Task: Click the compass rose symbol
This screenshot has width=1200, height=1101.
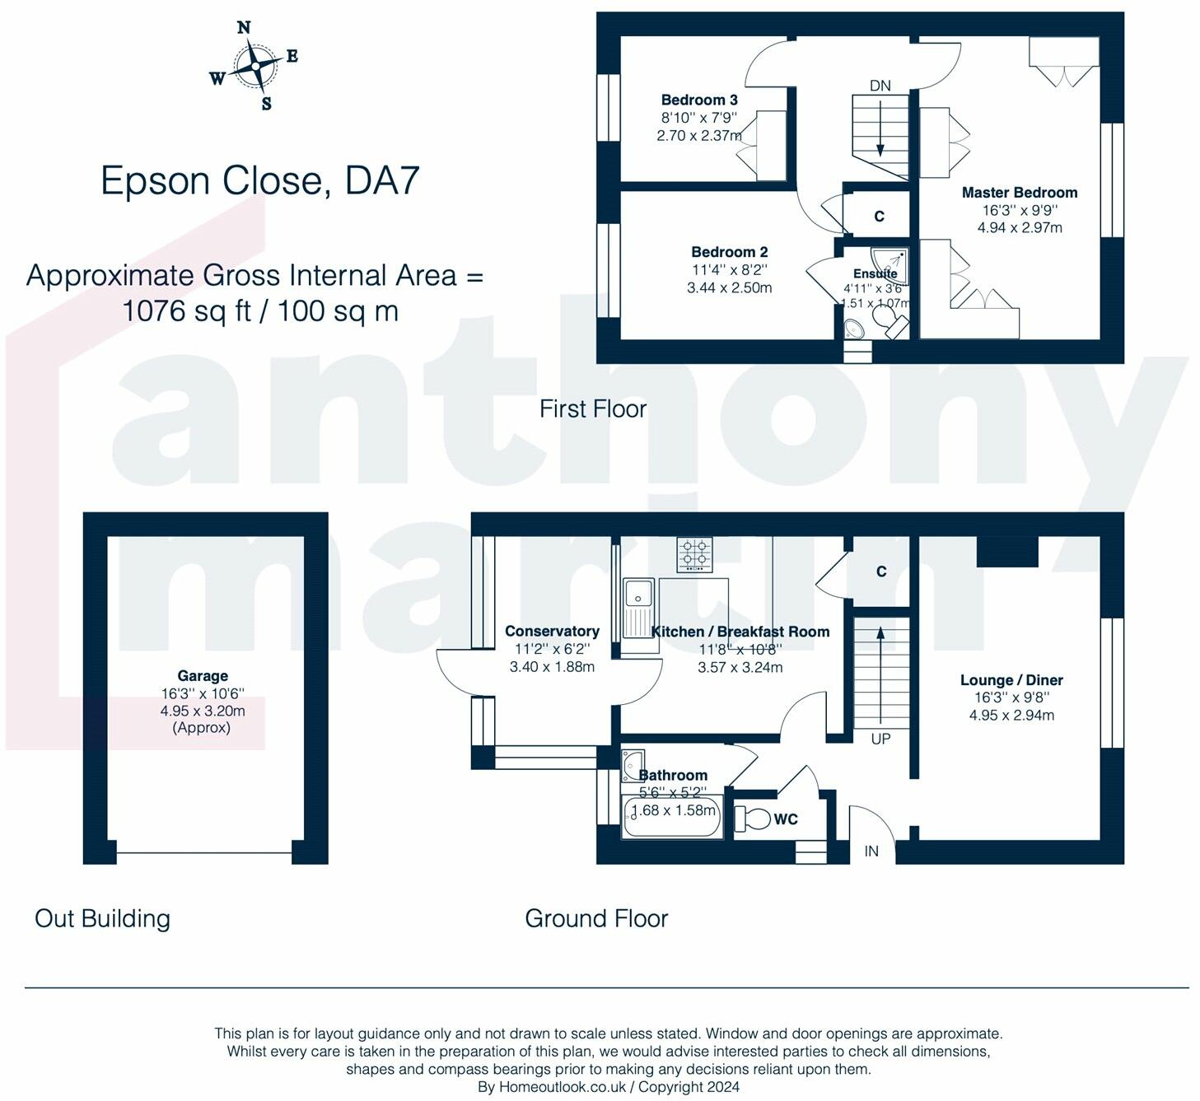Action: click(x=254, y=65)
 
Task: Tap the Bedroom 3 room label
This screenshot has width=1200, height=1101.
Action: click(x=699, y=100)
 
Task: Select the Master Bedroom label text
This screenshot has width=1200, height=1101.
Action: click(x=1020, y=193)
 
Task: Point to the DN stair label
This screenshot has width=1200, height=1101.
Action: click(x=880, y=86)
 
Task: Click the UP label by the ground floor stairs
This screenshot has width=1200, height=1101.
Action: click(x=880, y=739)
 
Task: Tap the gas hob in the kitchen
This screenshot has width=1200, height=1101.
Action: click(x=694, y=555)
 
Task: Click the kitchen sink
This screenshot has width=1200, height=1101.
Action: click(x=639, y=615)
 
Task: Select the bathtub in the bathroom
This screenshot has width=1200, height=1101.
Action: click(x=672, y=818)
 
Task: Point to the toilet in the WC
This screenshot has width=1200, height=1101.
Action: click(x=752, y=819)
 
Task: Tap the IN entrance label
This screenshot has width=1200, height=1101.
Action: click(x=871, y=851)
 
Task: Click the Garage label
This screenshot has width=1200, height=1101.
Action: click(x=203, y=676)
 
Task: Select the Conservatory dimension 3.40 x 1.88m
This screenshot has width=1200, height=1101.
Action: click(x=552, y=666)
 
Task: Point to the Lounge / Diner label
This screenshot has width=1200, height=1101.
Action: click(x=1011, y=679)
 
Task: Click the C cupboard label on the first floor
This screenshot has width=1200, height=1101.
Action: click(x=880, y=216)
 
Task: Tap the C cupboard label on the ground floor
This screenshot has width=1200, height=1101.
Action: click(x=881, y=571)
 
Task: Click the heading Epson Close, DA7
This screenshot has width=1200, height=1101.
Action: click(x=259, y=180)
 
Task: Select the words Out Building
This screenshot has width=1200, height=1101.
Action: click(x=102, y=918)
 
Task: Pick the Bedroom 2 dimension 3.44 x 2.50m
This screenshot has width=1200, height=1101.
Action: click(x=729, y=288)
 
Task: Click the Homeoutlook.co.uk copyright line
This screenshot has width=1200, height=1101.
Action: click(x=609, y=1087)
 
